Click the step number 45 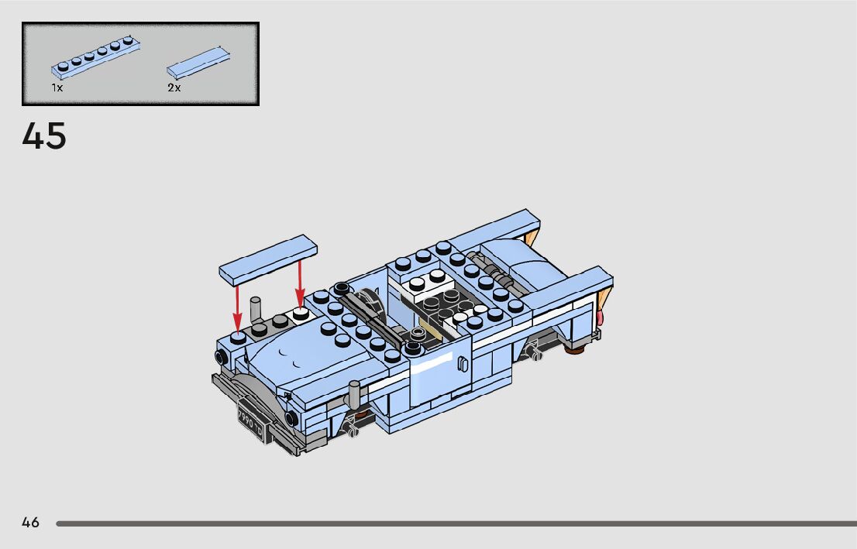[44, 136]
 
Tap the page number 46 [31, 523]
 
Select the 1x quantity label [57, 87]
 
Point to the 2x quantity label [174, 87]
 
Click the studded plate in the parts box [95, 57]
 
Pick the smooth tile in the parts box [198, 63]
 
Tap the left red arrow [237, 307]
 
